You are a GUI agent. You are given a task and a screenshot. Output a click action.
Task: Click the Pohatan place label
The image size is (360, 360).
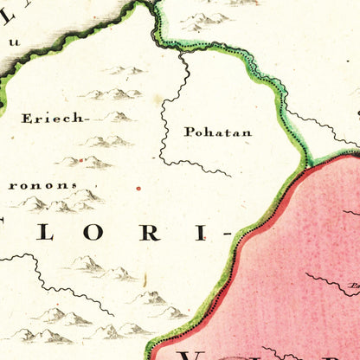click(x=217, y=132)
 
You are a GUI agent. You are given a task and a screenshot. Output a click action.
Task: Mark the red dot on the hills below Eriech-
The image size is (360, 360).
click(x=80, y=160)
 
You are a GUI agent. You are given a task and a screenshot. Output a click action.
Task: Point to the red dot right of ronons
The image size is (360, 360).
click(x=138, y=187)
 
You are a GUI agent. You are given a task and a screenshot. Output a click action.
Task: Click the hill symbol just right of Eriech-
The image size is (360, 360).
click(x=117, y=116)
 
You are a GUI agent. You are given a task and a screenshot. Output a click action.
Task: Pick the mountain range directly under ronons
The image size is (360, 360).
click(x=61, y=203)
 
